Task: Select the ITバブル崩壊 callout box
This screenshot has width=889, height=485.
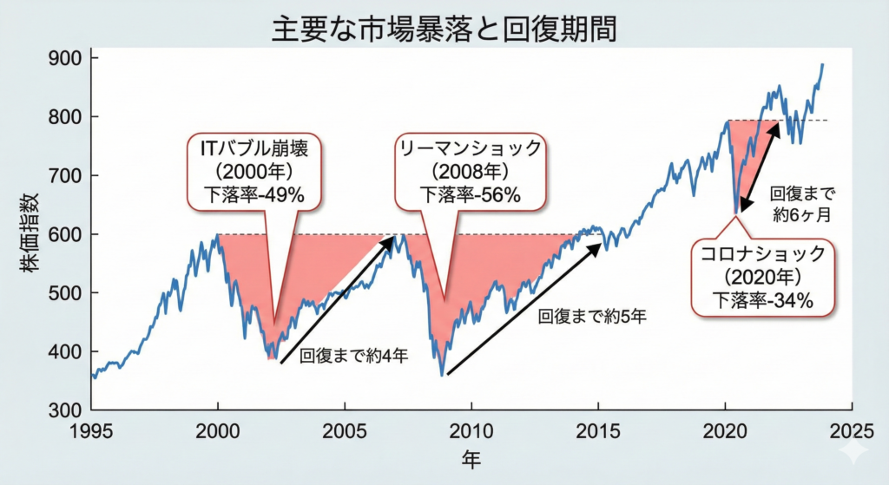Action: pos(253,172)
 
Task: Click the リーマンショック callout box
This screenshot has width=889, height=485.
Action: pos(470,172)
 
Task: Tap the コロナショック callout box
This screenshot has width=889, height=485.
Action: pos(762,278)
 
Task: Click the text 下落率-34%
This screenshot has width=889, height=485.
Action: pos(762,301)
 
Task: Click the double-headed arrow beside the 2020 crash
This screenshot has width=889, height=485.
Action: pos(757,168)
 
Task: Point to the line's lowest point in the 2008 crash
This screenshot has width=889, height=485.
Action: pos(442,375)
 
